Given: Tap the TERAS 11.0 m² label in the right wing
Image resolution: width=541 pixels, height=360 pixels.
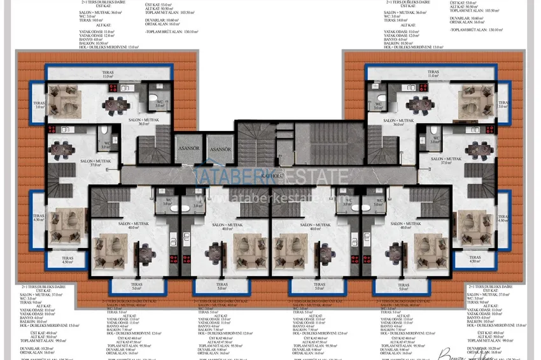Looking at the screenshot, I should pyautogui.click(x=432, y=74).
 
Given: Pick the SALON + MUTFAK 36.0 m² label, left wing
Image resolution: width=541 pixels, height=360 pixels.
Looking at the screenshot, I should pyautogui.click(x=136, y=121).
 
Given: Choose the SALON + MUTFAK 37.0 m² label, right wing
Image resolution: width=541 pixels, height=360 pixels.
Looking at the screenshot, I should pyautogui.click(x=453, y=161).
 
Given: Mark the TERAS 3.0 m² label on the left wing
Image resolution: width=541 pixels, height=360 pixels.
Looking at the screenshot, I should pyautogui.click(x=40, y=105).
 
